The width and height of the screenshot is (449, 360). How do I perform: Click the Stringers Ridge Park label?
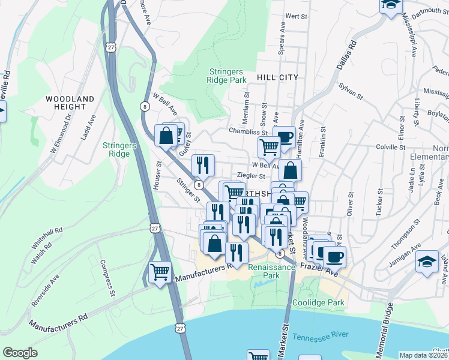227,75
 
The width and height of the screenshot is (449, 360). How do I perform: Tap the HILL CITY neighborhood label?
277,77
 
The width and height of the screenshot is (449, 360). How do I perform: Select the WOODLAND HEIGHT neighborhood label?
70,103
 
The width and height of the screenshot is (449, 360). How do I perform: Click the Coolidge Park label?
318,303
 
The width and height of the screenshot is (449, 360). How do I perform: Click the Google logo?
20,353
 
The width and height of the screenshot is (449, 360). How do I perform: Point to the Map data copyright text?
424,355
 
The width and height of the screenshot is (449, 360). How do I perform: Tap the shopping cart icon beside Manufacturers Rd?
160,272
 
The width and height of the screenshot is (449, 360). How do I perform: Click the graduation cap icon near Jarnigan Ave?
427,262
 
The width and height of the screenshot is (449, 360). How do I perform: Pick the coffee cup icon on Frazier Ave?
335,257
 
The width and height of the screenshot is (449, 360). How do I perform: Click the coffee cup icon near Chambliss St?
285,136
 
